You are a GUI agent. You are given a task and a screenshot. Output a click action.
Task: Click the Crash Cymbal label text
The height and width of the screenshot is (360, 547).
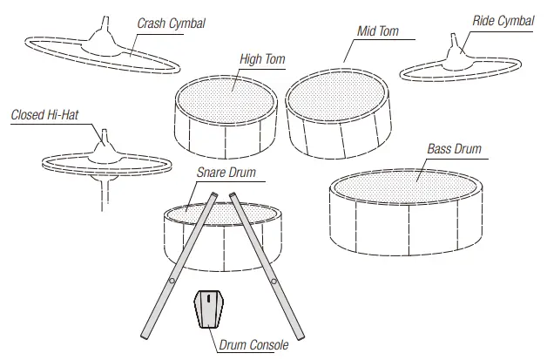coord(171,24)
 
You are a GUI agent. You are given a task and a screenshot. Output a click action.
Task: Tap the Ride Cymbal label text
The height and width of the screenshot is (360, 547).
coord(503,21)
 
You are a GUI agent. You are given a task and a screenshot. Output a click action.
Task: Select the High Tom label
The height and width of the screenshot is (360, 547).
coord(261,59)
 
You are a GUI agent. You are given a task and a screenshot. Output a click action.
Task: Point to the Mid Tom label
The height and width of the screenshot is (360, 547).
coord(378,31)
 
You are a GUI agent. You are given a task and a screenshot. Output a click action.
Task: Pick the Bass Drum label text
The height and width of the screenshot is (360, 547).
coord(454,149)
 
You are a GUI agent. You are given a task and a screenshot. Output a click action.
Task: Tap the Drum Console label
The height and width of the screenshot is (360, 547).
coord(253,346)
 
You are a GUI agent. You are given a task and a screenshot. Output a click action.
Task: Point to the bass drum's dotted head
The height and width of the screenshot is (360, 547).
coord(405,184)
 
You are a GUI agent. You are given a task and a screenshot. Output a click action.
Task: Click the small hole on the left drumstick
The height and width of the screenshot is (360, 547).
coord(172,281)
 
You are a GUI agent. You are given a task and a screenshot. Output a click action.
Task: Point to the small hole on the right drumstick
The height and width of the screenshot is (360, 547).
coord(274,281)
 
